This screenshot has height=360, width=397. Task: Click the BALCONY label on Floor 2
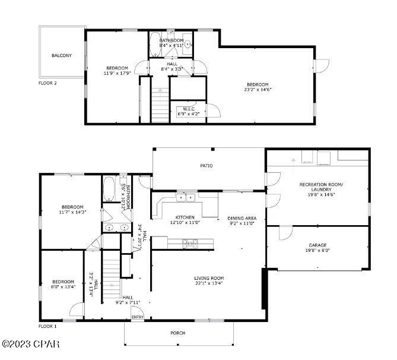62,56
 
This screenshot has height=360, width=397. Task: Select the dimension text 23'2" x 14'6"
258,90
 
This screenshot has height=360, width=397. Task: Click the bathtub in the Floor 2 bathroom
154,43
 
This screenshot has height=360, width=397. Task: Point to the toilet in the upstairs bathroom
188,43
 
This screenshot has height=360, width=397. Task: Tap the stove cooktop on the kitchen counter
190,242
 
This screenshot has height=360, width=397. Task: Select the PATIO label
206,166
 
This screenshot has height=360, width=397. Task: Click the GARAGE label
317,245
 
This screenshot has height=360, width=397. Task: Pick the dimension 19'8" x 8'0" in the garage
317,251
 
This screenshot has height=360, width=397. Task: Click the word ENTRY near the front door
137,317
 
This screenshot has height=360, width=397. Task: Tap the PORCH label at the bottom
177,333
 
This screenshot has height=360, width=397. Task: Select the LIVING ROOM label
209,277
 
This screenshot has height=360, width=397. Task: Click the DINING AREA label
242,217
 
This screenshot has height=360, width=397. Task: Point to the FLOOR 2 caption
47,83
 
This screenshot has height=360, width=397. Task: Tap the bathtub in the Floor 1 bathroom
110,189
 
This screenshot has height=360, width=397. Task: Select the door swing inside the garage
286,233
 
